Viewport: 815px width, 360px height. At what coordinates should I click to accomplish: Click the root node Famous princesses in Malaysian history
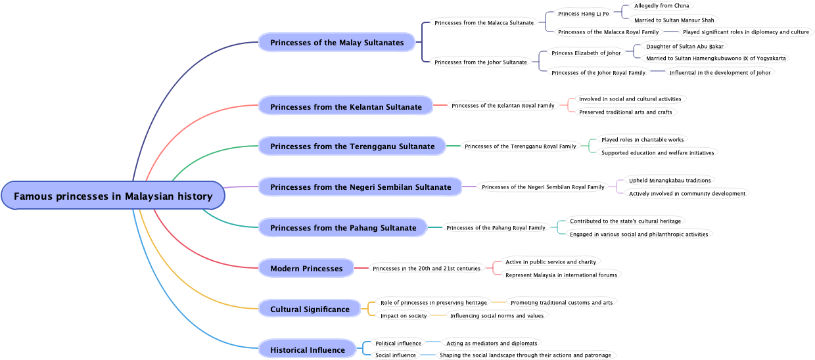pyautogui.click(x=113, y=196)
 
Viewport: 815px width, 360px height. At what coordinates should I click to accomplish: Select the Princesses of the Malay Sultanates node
pyautogui.click(x=337, y=43)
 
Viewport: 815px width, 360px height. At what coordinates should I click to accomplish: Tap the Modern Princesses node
pyautogui.click(x=306, y=268)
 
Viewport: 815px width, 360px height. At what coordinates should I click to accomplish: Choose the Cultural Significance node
pyautogui.click(x=310, y=309)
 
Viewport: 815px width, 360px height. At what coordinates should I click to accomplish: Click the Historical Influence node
pyautogui.click(x=308, y=349)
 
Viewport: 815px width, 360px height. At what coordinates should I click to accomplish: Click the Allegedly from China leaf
pyautogui.click(x=661, y=6)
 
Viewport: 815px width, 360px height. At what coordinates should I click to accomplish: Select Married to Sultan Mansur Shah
pyautogui.click(x=674, y=20)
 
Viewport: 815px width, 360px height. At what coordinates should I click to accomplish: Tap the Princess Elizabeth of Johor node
pyautogui.click(x=586, y=53)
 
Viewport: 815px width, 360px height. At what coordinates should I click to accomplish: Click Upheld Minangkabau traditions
pyautogui.click(x=670, y=180)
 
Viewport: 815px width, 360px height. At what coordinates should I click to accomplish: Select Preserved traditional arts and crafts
pyautogui.click(x=625, y=112)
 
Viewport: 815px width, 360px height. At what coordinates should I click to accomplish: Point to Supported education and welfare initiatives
pyautogui.click(x=657, y=152)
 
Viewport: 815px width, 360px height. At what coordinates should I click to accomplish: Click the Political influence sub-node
pyautogui.click(x=398, y=343)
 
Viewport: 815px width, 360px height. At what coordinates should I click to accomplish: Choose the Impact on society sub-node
pyautogui.click(x=404, y=315)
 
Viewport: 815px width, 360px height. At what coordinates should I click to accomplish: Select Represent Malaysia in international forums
pyautogui.click(x=561, y=275)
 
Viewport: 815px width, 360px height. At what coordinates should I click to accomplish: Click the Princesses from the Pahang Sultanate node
pyautogui.click(x=343, y=227)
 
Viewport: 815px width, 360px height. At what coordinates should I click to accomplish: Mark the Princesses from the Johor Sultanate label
pyautogui.click(x=480, y=62)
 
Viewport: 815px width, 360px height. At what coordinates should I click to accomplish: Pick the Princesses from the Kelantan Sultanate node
pyautogui.click(x=346, y=106)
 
